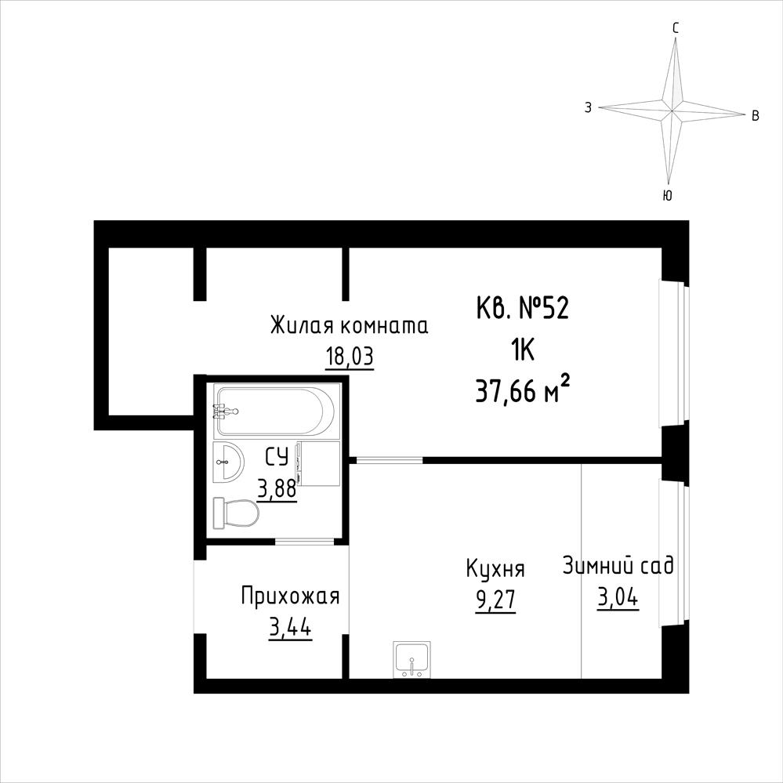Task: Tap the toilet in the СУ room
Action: (x=236, y=513)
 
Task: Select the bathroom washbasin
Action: (x=228, y=462)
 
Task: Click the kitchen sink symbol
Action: (x=412, y=659)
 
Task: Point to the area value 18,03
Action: (x=350, y=357)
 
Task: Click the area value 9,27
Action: (x=495, y=600)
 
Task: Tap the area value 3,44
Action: (x=290, y=628)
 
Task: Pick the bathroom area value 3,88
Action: (x=277, y=489)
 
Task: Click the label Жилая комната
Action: (x=349, y=326)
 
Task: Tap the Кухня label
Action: (x=495, y=570)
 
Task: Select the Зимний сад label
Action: (x=618, y=567)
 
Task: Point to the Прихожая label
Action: (x=290, y=596)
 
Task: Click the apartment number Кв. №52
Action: (x=522, y=309)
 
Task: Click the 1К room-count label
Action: (x=522, y=350)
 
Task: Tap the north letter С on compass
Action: (x=676, y=28)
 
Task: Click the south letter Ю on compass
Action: (x=667, y=195)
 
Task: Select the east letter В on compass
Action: (x=756, y=116)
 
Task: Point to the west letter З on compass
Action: (x=589, y=107)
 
